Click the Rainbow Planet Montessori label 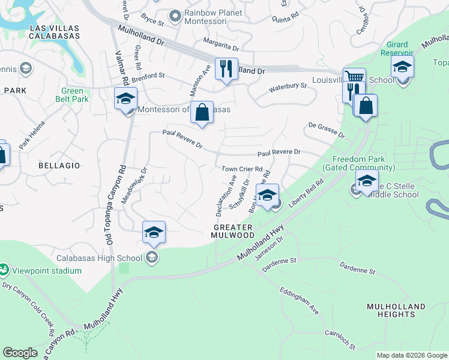pos(205,17)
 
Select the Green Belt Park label pos(72,95)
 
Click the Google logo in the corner pos(20,353)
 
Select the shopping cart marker pos(354,78)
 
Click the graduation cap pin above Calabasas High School pos(154,232)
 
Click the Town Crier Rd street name pos(243,170)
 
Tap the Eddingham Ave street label pos(298,300)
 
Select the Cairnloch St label pos(340,339)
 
